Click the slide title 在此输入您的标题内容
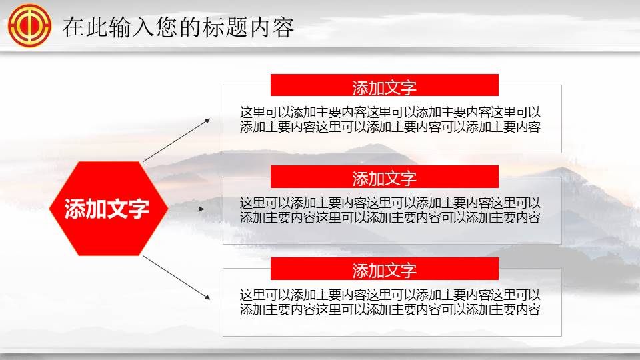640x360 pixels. pos(178,28)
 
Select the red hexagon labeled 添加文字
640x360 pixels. pos(107,209)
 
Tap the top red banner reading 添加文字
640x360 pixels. pos(385,87)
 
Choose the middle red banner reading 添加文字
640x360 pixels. pos(385,177)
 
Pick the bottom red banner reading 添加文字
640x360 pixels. pos(385,269)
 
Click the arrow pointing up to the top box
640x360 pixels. pos(177,140)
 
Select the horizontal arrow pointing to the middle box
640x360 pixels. pos(187,209)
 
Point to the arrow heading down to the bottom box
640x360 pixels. pos(177,276)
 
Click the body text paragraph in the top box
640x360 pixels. pos(390,119)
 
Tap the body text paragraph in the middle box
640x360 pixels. pos(390,210)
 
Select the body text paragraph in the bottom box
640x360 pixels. pos(390,301)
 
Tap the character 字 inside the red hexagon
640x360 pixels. pos(139,209)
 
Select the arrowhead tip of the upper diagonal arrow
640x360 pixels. pos(209,119)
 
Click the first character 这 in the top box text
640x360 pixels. pos(246,112)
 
